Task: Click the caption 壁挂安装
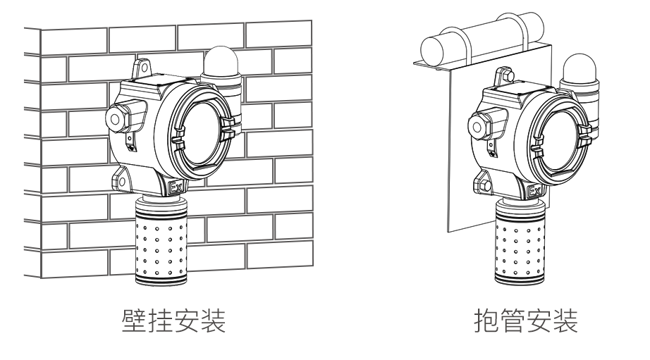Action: click(x=174, y=325)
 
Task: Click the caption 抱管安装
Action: click(x=525, y=325)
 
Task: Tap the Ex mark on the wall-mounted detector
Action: click(x=176, y=189)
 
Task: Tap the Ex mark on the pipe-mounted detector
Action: click(x=534, y=191)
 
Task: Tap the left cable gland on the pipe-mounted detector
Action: click(x=477, y=125)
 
